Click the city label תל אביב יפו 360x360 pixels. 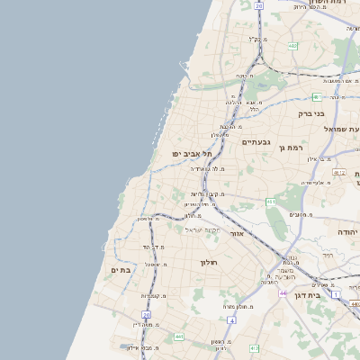(x=192, y=154)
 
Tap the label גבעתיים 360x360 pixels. (x=256, y=142)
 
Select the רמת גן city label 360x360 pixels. (x=294, y=147)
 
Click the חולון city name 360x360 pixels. (x=209, y=262)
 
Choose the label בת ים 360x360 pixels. (x=121, y=269)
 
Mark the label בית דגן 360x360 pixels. (x=307, y=294)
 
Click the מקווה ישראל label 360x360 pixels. (x=202, y=229)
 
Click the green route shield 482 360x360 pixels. (x=292, y=45)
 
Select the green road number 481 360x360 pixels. (x=317, y=96)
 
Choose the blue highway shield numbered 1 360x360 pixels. (x=335, y=295)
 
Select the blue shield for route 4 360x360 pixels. (x=231, y=319)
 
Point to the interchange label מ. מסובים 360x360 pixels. (x=300, y=215)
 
